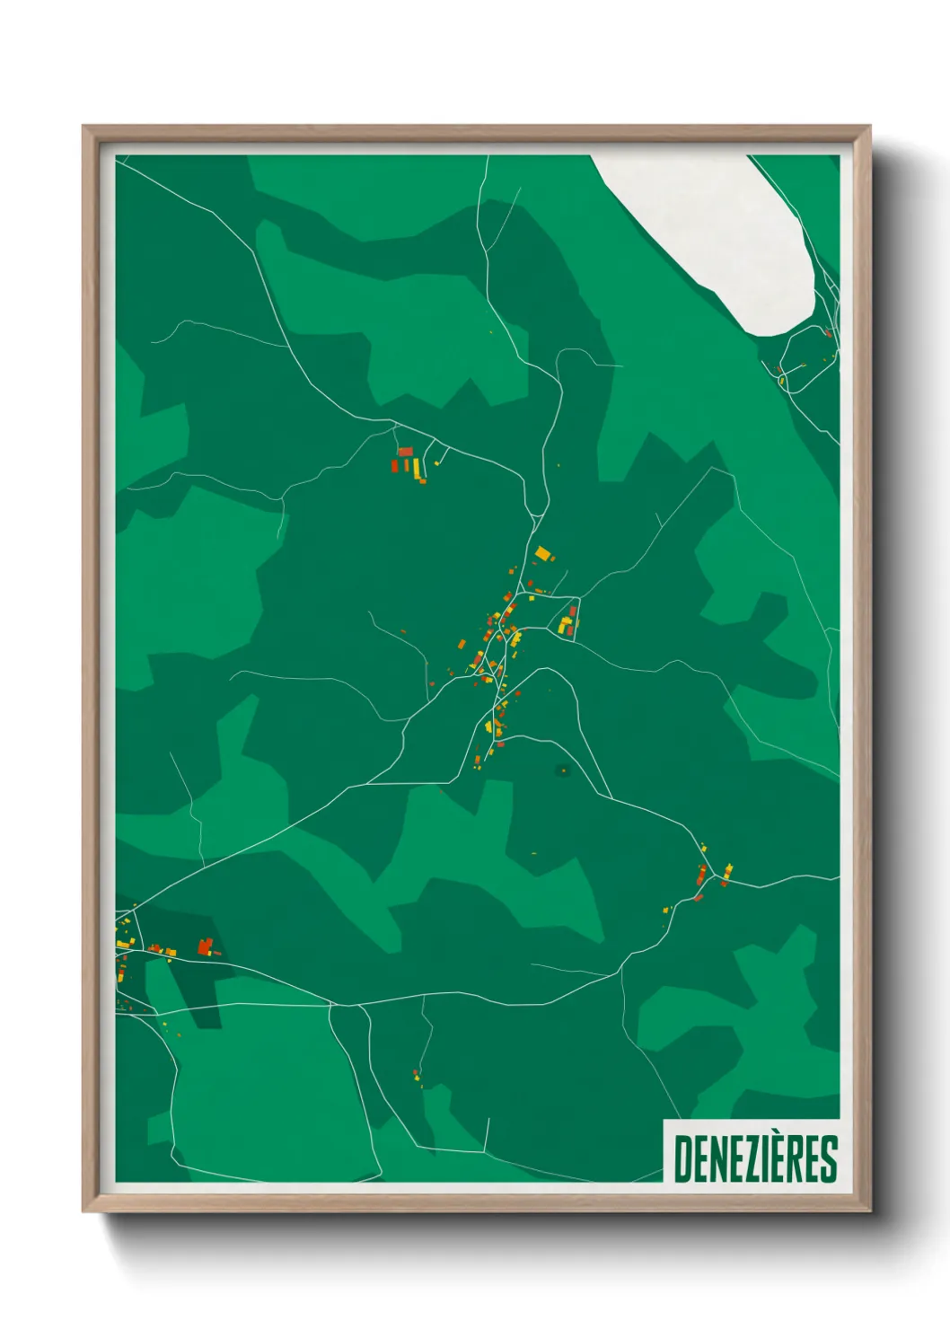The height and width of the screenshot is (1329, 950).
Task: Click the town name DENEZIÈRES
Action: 755,1158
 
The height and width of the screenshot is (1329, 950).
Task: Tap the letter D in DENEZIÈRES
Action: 682,1158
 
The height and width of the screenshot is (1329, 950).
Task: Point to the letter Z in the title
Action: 749,1158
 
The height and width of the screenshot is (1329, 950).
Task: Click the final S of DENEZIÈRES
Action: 829,1158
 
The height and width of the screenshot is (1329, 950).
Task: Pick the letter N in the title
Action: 716,1158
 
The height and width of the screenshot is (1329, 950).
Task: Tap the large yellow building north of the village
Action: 542,553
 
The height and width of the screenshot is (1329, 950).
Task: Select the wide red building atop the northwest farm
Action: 405,451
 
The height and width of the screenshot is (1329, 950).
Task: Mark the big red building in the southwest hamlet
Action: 205,946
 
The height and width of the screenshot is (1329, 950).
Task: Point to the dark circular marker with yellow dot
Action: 563,770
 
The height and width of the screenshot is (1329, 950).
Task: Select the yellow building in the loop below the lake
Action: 782,380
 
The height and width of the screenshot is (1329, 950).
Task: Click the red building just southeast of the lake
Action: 828,334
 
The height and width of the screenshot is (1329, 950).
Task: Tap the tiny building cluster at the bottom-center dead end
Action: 418,1076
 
